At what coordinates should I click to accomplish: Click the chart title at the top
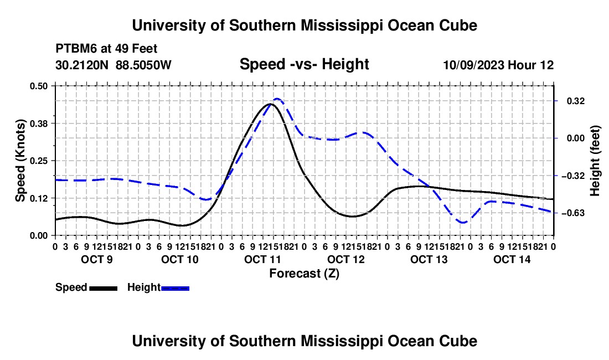coord(304,25)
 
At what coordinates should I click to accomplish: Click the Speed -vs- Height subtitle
coord(304,64)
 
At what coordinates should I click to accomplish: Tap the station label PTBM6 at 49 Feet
coord(106,49)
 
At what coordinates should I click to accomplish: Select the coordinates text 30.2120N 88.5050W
coord(113,65)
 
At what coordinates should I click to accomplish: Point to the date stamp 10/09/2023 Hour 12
coord(498,65)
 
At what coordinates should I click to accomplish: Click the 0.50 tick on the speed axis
coord(38,86)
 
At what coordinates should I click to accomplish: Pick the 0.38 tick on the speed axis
coord(38,124)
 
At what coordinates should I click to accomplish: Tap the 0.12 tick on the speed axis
coord(38,198)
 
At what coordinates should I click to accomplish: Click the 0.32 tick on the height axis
coord(575,101)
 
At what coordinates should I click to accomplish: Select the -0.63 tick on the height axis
coord(573,213)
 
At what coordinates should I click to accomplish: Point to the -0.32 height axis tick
coord(573,176)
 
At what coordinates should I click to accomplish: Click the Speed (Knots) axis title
coord(20,161)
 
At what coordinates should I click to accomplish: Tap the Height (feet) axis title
coord(595,161)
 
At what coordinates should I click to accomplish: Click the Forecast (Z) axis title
coord(304,274)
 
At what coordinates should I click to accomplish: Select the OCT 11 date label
coord(262,259)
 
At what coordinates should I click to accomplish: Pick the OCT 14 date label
coord(512,259)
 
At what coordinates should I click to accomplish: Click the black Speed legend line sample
coord(104,288)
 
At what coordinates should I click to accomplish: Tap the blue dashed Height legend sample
coord(175,288)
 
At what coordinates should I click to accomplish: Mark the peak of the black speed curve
coord(271,104)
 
